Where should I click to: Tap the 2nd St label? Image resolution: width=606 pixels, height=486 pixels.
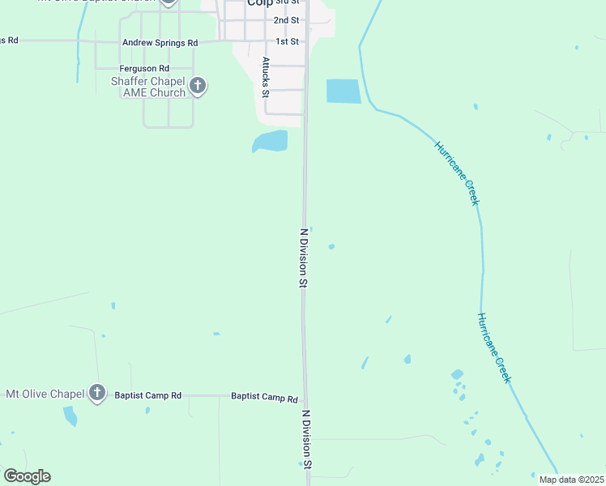286,20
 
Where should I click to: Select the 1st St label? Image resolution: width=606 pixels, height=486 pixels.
287,41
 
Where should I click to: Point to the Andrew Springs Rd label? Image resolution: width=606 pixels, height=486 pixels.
160,42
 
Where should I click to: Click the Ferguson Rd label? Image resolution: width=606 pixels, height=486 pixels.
143,69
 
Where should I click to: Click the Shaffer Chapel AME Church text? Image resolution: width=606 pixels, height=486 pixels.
148,87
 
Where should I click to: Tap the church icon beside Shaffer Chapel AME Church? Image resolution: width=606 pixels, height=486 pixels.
198,85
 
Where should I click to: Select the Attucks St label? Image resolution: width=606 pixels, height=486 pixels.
265,77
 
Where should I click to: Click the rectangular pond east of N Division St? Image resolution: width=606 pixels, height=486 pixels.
343,91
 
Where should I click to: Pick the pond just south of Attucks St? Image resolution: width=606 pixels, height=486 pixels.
270,142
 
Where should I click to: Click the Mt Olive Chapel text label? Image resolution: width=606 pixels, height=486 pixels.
45,394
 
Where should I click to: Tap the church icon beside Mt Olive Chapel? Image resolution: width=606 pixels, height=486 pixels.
97,394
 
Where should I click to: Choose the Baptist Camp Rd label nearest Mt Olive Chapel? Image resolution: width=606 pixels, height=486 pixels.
147,395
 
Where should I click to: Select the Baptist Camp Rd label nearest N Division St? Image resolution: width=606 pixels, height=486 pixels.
264,398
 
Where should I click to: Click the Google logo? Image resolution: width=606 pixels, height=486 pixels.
27,476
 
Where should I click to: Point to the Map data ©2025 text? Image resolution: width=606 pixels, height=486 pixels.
571,480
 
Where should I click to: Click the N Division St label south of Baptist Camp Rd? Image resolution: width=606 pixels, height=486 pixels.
306,440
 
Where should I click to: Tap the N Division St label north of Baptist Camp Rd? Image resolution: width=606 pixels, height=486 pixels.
304,258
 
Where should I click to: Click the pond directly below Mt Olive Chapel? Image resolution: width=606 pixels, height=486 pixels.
70,416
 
